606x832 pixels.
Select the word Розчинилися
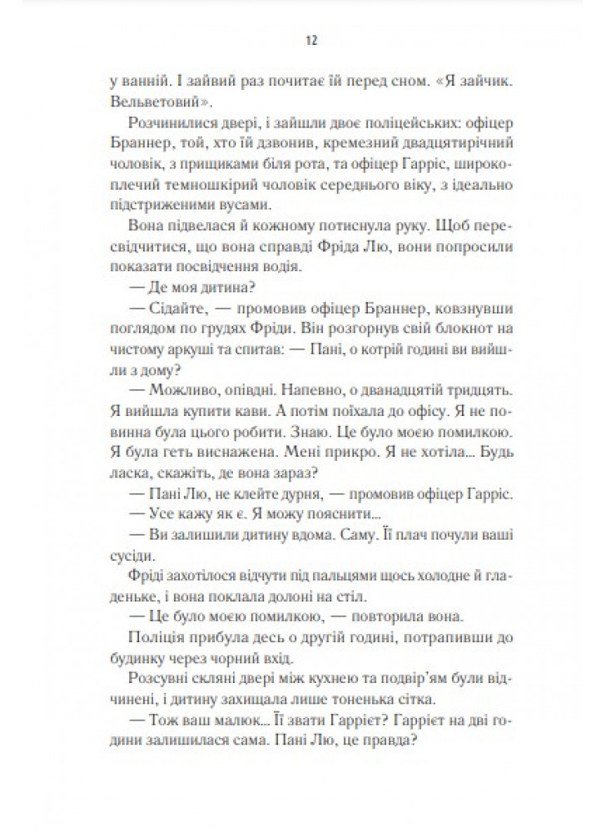(x=164, y=126)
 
